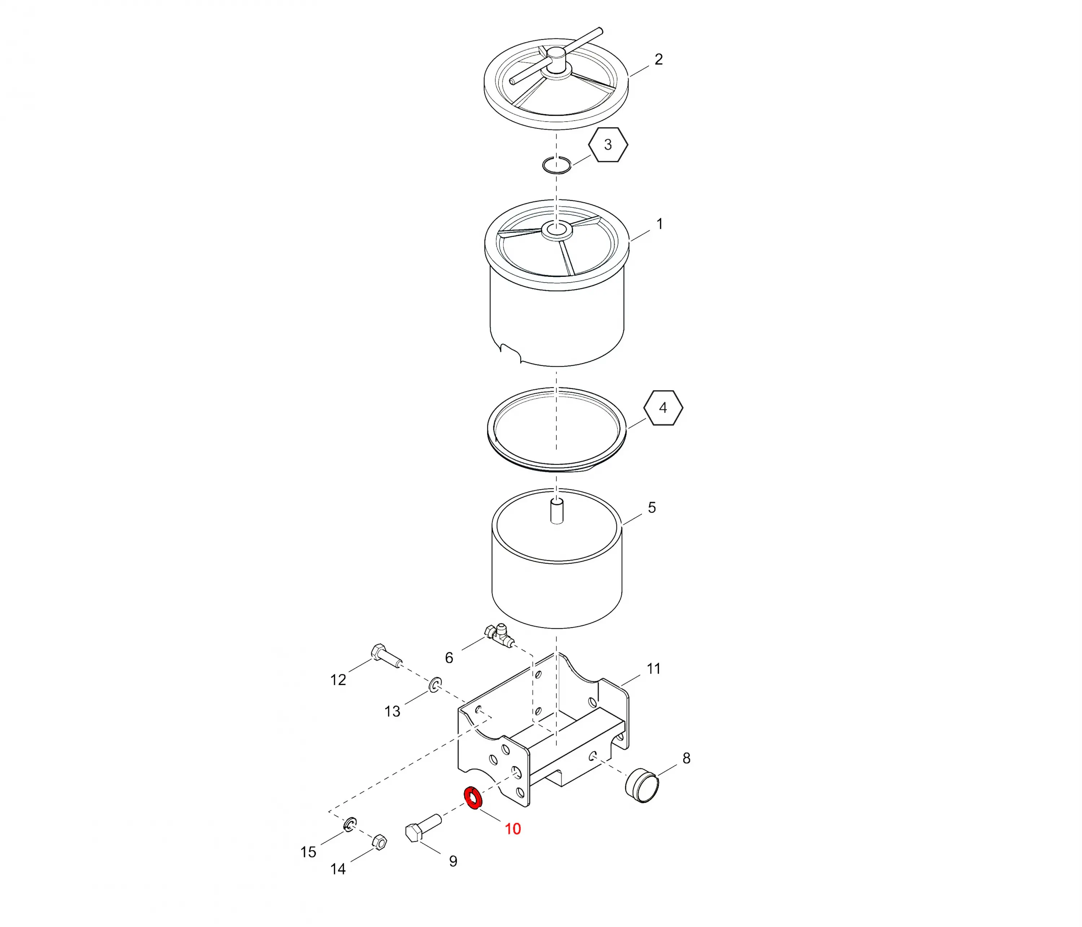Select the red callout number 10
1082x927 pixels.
[x=512, y=829]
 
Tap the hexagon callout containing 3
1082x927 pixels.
[x=608, y=145]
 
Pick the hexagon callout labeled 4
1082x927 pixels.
[x=663, y=408]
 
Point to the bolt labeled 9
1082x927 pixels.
[x=423, y=828]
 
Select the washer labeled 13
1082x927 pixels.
[x=435, y=684]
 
